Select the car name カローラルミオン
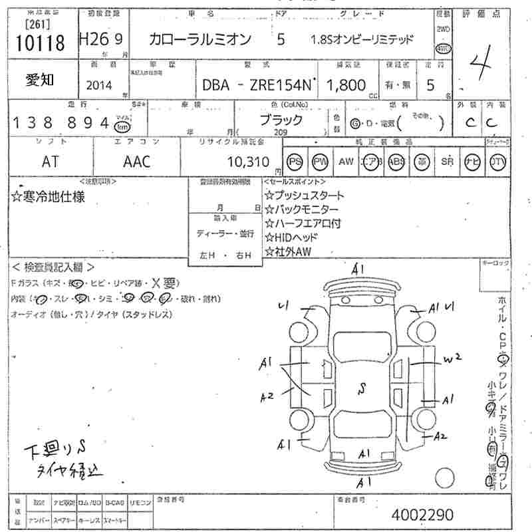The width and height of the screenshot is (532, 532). click(x=200, y=41)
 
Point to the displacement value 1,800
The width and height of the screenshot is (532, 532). click(x=347, y=85)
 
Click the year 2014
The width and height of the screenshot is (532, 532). click(x=100, y=86)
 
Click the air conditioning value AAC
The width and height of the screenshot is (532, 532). click(x=136, y=162)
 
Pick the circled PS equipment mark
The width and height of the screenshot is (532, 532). click(x=295, y=162)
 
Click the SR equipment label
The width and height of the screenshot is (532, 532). click(x=447, y=162)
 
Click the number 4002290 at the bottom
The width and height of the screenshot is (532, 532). click(x=423, y=515)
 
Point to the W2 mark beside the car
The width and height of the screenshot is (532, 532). click(x=453, y=359)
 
